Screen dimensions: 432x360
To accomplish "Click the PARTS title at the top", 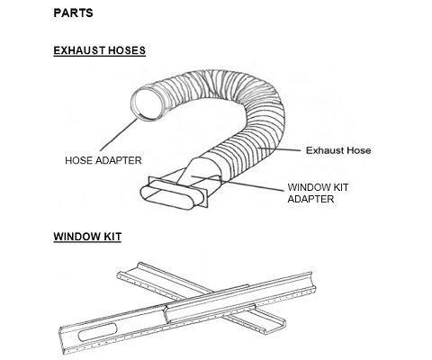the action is pyautogui.click(x=73, y=13).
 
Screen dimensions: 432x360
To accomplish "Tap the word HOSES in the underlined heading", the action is pyautogui.click(x=127, y=50).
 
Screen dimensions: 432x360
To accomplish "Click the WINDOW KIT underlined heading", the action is pyautogui.click(x=87, y=237).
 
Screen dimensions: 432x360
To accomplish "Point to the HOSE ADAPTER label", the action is pyautogui.click(x=103, y=160).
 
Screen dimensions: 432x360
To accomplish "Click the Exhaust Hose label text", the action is pyautogui.click(x=338, y=150).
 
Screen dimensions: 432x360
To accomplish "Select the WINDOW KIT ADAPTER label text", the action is pyautogui.click(x=318, y=193).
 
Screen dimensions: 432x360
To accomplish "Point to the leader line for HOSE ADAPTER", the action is pyautogui.click(x=119, y=135).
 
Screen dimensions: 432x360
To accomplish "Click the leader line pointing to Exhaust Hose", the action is pyautogui.click(x=280, y=148).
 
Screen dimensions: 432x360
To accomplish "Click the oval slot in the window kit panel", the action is pyautogui.click(x=98, y=332).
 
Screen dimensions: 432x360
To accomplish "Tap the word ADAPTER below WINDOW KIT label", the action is pyautogui.click(x=310, y=199).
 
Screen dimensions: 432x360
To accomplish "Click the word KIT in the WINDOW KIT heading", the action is pyautogui.click(x=112, y=237).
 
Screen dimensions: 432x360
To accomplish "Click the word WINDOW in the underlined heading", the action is pyautogui.click(x=77, y=237).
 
